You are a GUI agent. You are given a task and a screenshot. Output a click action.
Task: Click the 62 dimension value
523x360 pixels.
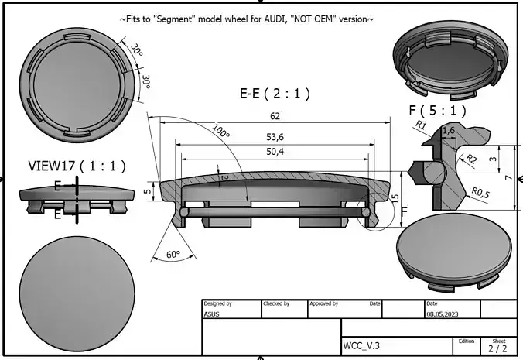[x=275, y=117]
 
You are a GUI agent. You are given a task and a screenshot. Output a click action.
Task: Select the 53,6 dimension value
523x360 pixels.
[x=275, y=137]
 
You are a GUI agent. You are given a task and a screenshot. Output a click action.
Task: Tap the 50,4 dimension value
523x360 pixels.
[x=275, y=152]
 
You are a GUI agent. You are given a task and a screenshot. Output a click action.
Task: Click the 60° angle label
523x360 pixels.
[x=173, y=255]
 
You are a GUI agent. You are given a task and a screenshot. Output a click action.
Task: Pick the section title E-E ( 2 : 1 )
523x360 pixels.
[x=275, y=94]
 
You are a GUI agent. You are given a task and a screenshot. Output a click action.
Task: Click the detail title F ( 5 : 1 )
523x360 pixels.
[x=437, y=111]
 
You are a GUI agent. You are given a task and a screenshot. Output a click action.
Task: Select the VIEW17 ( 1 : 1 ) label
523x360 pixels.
[x=77, y=166]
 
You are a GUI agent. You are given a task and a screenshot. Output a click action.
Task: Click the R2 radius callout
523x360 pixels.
[x=470, y=159]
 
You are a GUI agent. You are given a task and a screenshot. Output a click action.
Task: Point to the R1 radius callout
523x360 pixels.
[x=421, y=125]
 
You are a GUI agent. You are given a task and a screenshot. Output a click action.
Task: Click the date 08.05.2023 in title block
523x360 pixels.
[x=446, y=314]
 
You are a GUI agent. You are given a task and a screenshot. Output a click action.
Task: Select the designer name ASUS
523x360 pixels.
[x=212, y=314]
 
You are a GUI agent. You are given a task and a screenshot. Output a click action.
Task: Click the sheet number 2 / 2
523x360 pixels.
[x=497, y=348]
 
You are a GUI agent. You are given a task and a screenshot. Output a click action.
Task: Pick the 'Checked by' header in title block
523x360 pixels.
[x=276, y=304]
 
